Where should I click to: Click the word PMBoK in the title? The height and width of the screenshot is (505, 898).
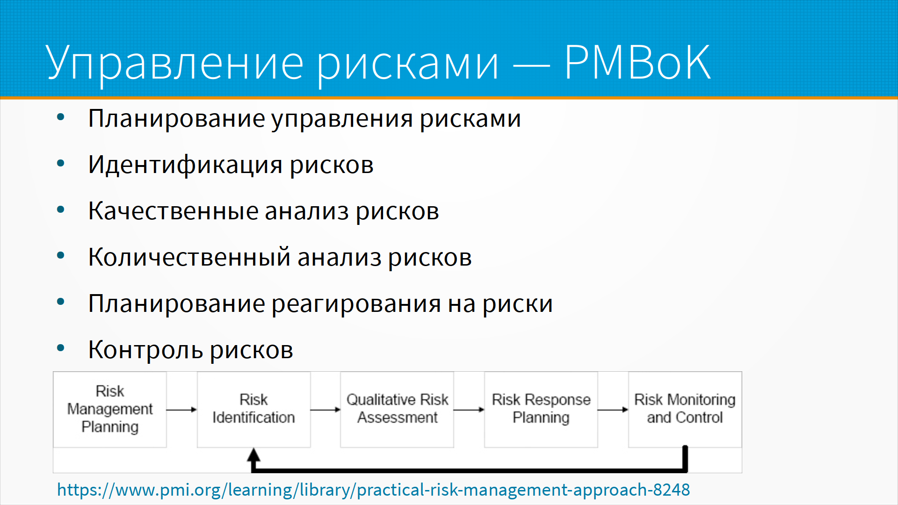(637, 62)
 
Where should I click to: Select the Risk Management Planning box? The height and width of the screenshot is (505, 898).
(110, 410)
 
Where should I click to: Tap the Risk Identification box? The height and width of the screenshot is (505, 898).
(253, 410)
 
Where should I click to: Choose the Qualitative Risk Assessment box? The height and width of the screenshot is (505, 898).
(397, 410)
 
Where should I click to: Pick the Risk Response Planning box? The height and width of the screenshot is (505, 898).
(541, 410)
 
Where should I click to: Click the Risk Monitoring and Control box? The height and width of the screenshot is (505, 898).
(685, 410)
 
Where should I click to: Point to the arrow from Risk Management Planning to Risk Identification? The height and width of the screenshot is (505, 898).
(181, 410)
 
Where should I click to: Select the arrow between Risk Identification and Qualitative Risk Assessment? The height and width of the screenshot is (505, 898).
(326, 410)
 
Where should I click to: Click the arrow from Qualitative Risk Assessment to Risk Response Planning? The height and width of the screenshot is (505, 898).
(469, 410)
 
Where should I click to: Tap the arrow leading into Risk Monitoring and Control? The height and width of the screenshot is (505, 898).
(613, 410)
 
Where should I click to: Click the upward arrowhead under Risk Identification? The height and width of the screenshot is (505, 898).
(253, 455)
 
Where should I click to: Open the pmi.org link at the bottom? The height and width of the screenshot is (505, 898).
(373, 490)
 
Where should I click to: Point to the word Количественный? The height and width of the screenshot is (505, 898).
(189, 257)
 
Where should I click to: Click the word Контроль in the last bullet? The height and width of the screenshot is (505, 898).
(145, 350)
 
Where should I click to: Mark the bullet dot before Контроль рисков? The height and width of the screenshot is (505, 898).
(60, 348)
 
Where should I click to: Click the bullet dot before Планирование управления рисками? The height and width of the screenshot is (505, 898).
(60, 117)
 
